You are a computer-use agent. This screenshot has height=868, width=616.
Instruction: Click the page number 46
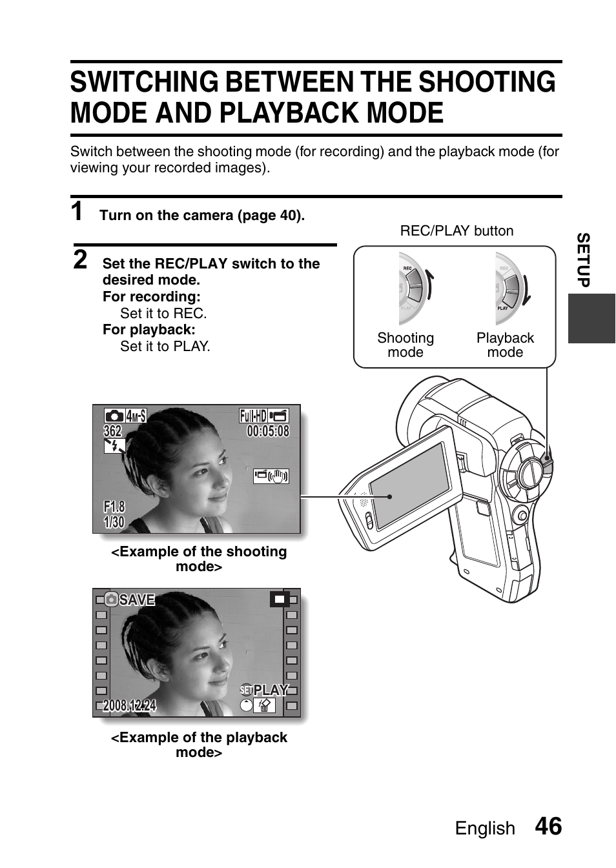tap(548, 827)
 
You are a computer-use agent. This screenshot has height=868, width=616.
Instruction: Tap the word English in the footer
tap(485, 829)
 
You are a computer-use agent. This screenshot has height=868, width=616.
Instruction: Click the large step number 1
tap(77, 212)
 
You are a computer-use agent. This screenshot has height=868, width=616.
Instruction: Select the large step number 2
tap(79, 259)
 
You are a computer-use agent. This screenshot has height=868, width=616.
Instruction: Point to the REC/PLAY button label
tap(457, 231)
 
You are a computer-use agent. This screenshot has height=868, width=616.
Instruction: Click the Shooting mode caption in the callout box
tap(406, 345)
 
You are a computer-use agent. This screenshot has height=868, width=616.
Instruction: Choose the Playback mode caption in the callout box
tap(505, 345)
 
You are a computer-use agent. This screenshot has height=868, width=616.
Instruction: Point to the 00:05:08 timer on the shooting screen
tap(267, 431)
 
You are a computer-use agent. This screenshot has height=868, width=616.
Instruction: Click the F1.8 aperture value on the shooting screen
tap(114, 507)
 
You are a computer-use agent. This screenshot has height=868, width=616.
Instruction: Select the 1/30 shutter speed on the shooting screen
tap(114, 522)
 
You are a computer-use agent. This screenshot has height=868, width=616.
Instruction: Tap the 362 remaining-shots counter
tap(112, 431)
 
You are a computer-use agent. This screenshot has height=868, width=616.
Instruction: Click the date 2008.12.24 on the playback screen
tap(129, 706)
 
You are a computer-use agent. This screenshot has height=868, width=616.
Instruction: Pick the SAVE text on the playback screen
tap(137, 600)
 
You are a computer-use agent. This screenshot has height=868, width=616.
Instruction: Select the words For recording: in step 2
tap(152, 297)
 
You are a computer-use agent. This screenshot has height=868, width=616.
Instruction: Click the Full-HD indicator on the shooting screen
tap(253, 416)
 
